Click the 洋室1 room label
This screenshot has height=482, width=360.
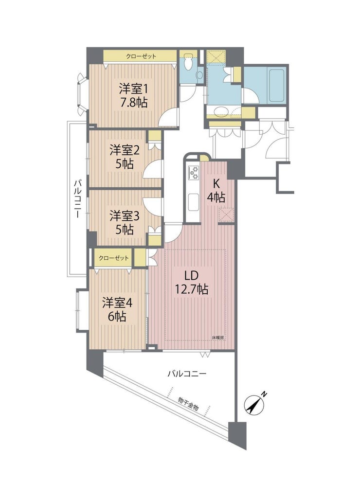(x=133, y=89)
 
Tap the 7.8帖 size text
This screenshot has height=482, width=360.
(x=133, y=102)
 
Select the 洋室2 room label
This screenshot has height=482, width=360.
(x=125, y=151)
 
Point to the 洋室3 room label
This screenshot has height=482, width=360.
(x=125, y=216)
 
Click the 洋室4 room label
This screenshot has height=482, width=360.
(x=117, y=303)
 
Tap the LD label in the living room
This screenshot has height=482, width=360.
(x=191, y=276)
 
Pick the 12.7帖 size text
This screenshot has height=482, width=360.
(x=191, y=289)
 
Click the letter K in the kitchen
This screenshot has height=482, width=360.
(x=216, y=184)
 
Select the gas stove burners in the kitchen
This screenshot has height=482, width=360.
(x=194, y=173)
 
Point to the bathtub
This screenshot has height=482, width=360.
(x=276, y=87)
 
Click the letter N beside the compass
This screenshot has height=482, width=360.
(x=264, y=394)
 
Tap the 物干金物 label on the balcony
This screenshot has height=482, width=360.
(x=188, y=404)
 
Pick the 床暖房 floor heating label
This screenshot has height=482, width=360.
(x=217, y=338)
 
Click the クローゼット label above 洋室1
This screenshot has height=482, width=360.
(x=141, y=56)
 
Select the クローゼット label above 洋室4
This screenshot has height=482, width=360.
(x=113, y=258)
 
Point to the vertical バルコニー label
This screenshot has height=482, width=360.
(x=77, y=199)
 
